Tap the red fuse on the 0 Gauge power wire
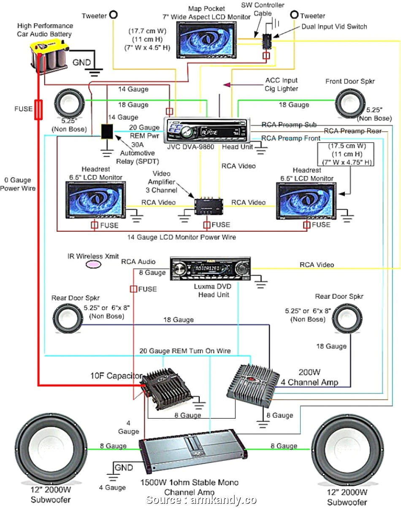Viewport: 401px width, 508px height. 38,110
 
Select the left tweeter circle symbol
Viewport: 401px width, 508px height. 114,15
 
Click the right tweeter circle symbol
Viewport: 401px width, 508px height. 294,15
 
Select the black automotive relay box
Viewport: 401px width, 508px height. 106,131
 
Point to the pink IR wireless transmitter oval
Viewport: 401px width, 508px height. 94,264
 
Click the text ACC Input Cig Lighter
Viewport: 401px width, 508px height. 281,84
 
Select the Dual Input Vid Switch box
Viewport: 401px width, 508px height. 267,40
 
